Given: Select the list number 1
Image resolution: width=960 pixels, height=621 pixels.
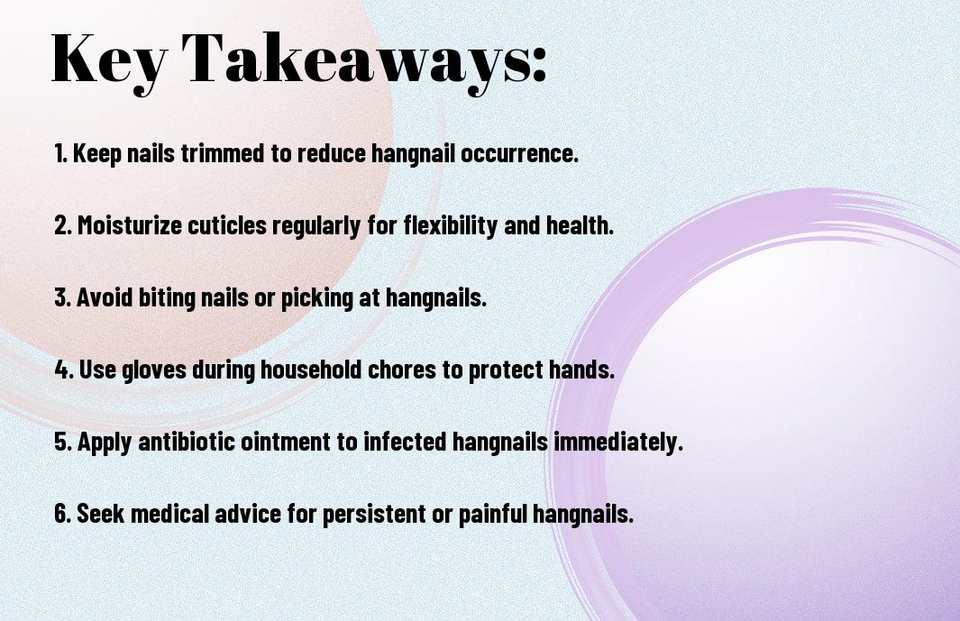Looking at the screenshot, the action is point(60,153).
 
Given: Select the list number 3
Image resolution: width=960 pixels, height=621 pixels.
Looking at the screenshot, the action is point(62,297).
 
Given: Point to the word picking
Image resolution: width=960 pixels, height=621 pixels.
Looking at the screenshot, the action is point(317,298).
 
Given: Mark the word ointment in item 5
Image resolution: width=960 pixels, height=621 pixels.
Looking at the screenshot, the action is point(286,441).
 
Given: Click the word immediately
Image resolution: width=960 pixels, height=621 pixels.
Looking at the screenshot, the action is point(618,442).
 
